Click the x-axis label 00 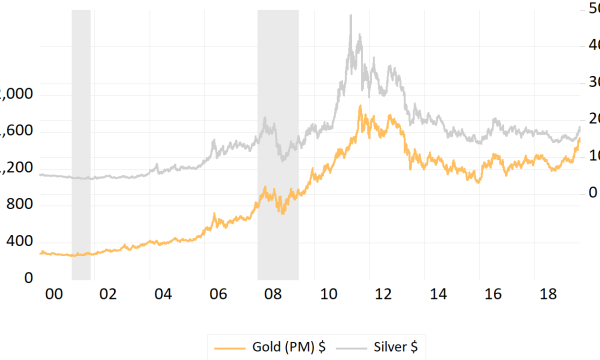[x=54, y=296]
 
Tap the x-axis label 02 [x=108, y=296]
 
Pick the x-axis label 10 [x=327, y=296]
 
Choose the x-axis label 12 [x=382, y=296]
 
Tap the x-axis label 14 [x=437, y=296]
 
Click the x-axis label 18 [x=546, y=296]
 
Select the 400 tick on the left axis [x=20, y=241]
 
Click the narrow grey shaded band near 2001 [x=81, y=140]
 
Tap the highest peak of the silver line [x=350, y=16]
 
